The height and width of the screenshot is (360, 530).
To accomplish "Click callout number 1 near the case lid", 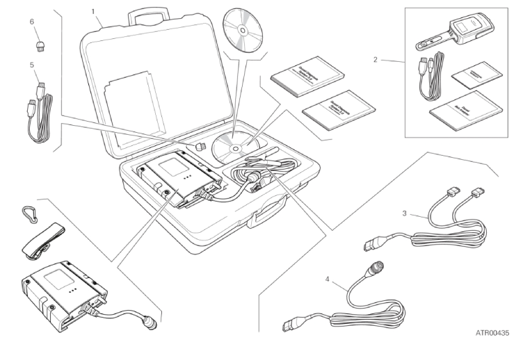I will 93,11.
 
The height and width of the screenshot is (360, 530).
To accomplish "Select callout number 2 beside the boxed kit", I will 376,59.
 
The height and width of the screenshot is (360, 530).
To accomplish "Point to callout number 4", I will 328,281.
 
